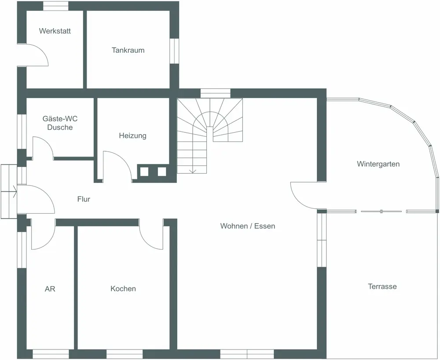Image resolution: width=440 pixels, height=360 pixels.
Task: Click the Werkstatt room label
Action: [55, 31]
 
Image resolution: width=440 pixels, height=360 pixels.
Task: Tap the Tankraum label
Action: [128, 50]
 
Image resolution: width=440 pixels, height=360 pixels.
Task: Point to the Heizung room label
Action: [132, 136]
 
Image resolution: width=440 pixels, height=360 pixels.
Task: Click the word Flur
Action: [84, 200]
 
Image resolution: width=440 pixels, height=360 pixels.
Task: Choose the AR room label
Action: [50, 289]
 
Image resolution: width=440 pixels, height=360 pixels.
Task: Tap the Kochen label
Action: [123, 289]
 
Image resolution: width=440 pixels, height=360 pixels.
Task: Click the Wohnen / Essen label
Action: [248, 226]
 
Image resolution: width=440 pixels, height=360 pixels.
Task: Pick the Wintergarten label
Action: [378, 164]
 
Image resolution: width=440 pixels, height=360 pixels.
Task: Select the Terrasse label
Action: [382, 287]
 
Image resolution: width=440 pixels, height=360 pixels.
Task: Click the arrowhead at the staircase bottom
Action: [192, 170]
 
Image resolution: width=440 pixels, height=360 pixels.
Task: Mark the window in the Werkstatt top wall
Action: [55, 6]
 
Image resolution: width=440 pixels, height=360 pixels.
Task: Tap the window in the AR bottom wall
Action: [51, 354]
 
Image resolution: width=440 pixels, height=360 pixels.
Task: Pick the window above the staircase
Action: [215, 93]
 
